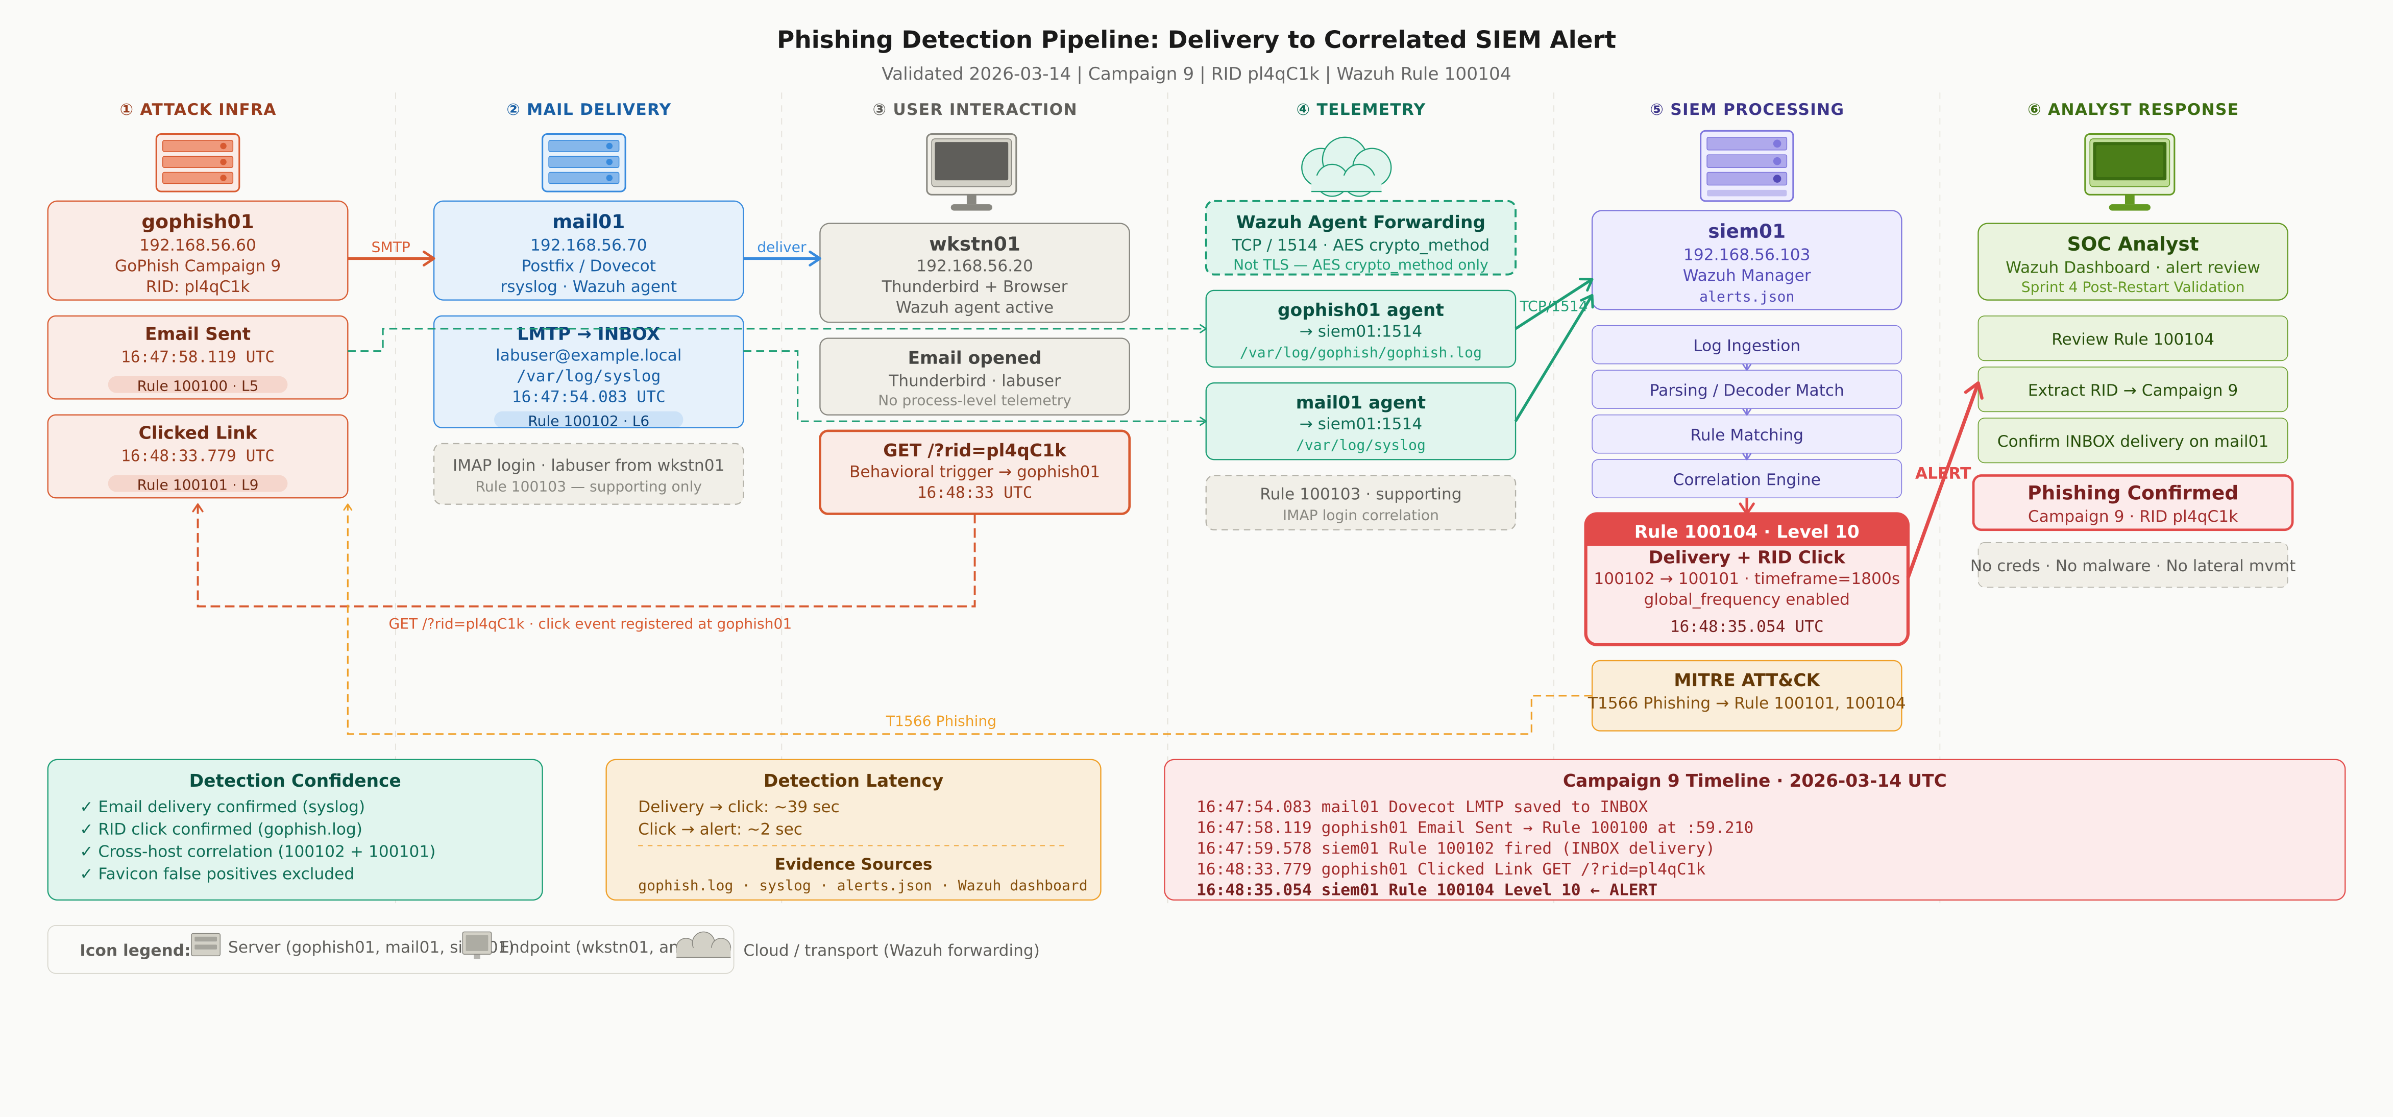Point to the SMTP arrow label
click(x=390, y=247)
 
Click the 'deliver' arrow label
click(x=782, y=247)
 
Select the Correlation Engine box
click(x=1746, y=479)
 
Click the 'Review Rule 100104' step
click(x=2132, y=339)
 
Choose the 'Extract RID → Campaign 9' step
click(x=2132, y=391)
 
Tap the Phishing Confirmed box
click(x=2132, y=503)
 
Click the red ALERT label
click(x=1942, y=473)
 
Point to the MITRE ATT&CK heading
click(x=1746, y=680)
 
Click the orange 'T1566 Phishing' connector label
click(x=940, y=721)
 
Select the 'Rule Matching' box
click(x=1746, y=435)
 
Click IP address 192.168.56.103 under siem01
click(x=1746, y=255)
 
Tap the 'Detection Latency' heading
click(x=853, y=781)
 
